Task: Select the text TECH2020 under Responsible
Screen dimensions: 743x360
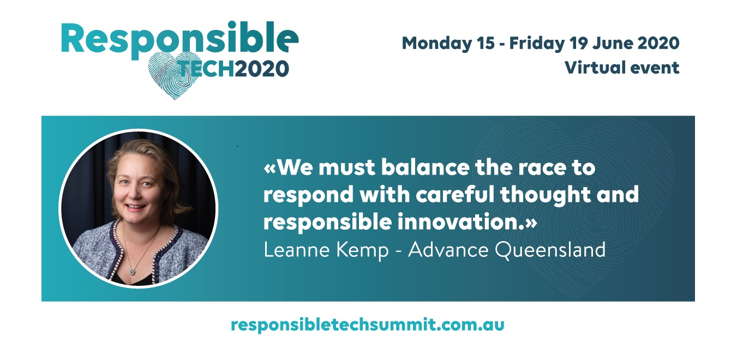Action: [x=234, y=69]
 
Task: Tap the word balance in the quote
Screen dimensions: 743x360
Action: [x=426, y=167]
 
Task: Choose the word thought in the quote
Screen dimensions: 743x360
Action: [x=546, y=195]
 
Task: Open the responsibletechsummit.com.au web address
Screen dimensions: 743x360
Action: [x=368, y=325]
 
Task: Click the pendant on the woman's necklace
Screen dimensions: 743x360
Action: [x=133, y=272]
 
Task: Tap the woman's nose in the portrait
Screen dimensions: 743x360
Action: [x=135, y=193]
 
